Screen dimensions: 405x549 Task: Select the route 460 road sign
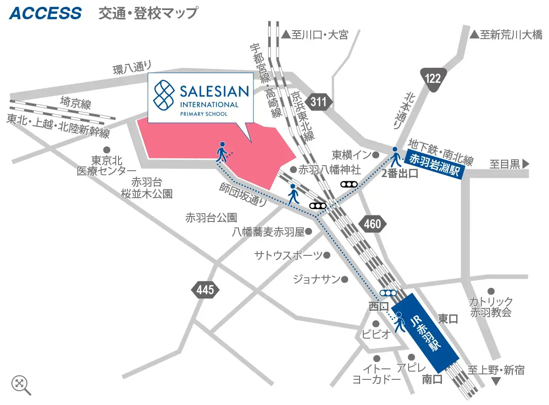(x=373, y=224)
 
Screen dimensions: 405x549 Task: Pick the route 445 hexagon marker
(x=205, y=290)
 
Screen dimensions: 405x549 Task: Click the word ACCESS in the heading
(x=45, y=13)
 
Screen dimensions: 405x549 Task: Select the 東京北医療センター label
(x=107, y=166)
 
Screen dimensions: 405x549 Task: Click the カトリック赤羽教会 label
(x=491, y=307)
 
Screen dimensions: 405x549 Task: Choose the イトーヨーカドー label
(x=377, y=373)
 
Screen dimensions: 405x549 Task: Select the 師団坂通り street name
(x=243, y=195)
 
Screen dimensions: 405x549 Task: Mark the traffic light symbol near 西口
(x=388, y=293)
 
